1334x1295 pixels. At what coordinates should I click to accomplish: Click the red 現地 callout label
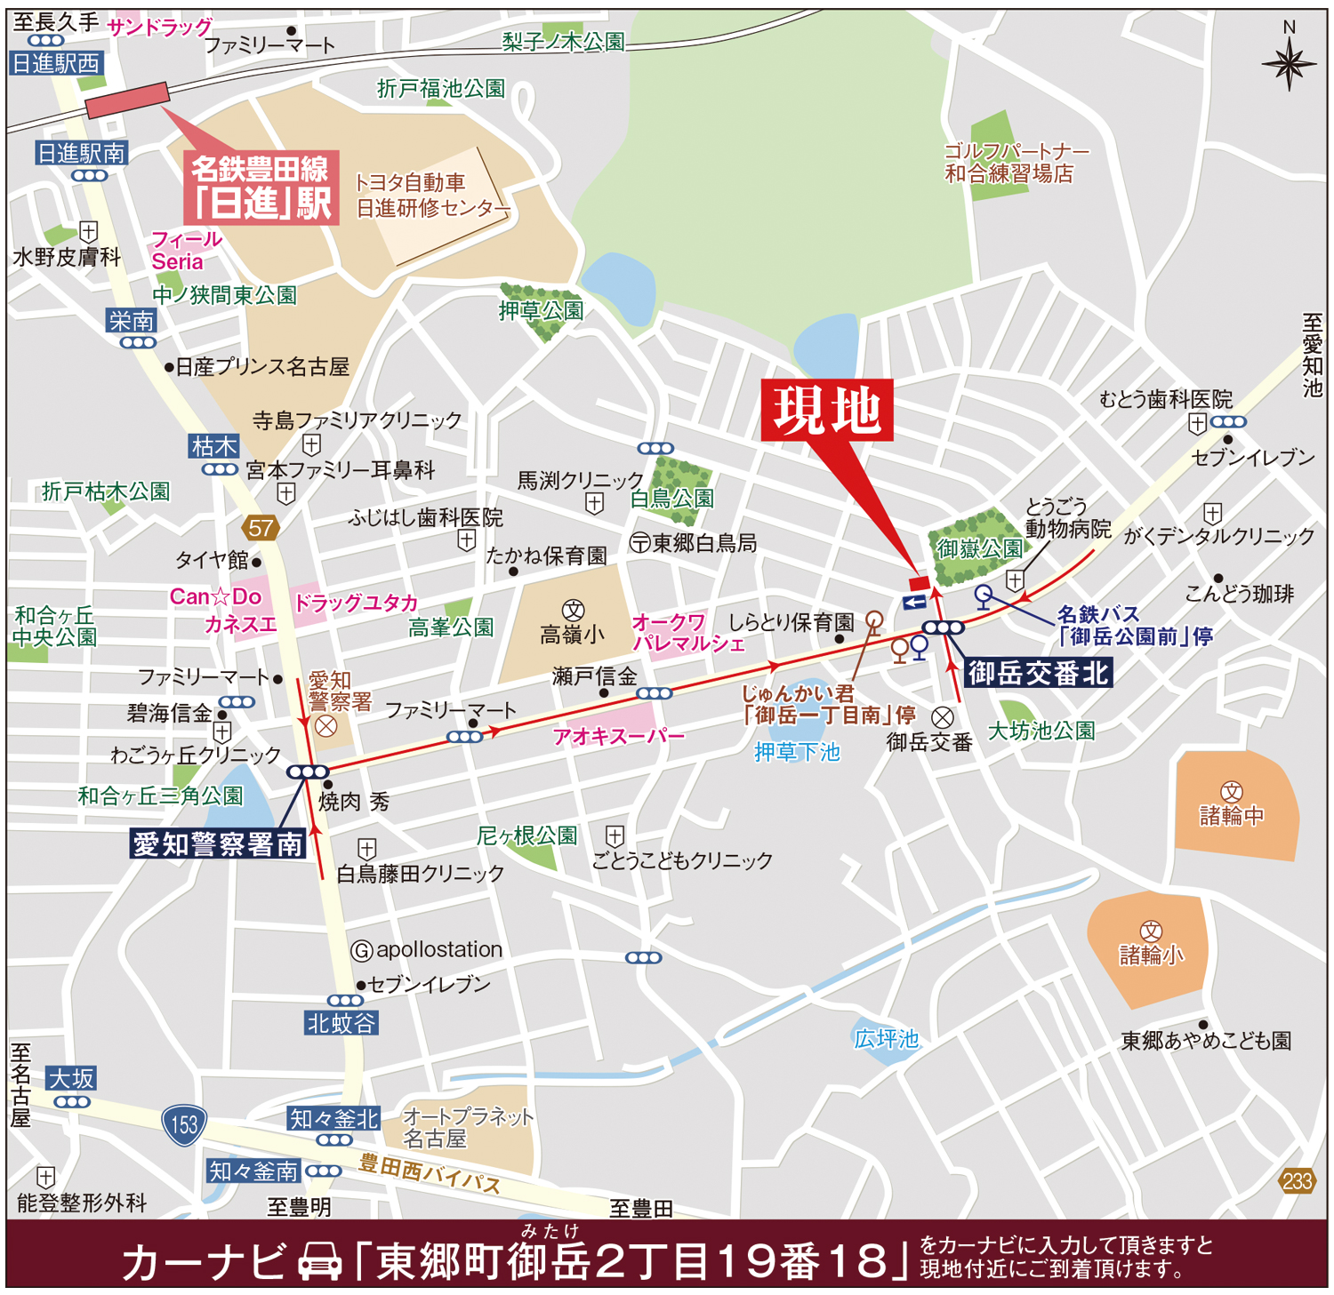[x=826, y=411]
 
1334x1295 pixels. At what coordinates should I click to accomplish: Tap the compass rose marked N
[x=1289, y=62]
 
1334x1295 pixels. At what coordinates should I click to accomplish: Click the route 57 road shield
[x=261, y=528]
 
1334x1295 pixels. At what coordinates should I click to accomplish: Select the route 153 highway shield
[x=184, y=1124]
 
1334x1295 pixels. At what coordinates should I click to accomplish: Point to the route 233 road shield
[x=1297, y=1181]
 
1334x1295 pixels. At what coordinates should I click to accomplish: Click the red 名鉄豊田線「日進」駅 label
[x=261, y=188]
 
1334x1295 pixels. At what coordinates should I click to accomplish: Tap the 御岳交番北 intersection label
[x=1037, y=673]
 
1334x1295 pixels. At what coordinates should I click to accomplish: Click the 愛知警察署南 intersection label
[x=218, y=843]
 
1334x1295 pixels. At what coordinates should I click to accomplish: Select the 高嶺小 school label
[x=572, y=634]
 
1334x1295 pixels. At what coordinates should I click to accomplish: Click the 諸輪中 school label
[x=1231, y=814]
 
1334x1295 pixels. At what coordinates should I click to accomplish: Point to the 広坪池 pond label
[x=886, y=1038]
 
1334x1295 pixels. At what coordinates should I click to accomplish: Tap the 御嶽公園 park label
[x=978, y=548]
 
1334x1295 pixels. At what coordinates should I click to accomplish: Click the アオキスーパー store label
[x=618, y=736]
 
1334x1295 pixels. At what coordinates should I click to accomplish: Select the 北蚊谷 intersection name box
[x=342, y=1023]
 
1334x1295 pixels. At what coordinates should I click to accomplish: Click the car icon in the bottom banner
[x=319, y=1261]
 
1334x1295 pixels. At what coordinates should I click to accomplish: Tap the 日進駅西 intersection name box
[x=56, y=63]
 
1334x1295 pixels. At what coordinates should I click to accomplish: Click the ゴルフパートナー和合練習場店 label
[x=1014, y=162]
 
